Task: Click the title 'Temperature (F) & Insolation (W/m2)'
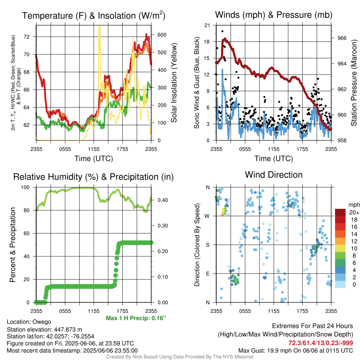coord(94,15)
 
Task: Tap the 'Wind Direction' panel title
coord(274,175)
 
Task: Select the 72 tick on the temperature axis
coord(27,37)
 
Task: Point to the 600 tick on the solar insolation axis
coord(162,35)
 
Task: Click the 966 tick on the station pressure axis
coord(342,38)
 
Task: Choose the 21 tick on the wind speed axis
coord(207,25)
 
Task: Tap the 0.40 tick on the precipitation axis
coord(162,200)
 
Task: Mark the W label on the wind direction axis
coord(207,216)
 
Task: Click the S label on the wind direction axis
coord(207,245)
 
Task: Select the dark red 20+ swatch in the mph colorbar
coord(340,212)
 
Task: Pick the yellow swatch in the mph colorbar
coord(340,249)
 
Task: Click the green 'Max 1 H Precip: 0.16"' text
coord(136,318)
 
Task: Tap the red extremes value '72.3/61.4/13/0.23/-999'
coord(321,343)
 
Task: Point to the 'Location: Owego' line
coord(29,322)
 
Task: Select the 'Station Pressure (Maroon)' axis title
coord(354,83)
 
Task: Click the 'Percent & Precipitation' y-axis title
coord(12,245)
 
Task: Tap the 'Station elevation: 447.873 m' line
coord(45,329)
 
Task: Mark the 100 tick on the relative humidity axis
coord(25,187)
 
